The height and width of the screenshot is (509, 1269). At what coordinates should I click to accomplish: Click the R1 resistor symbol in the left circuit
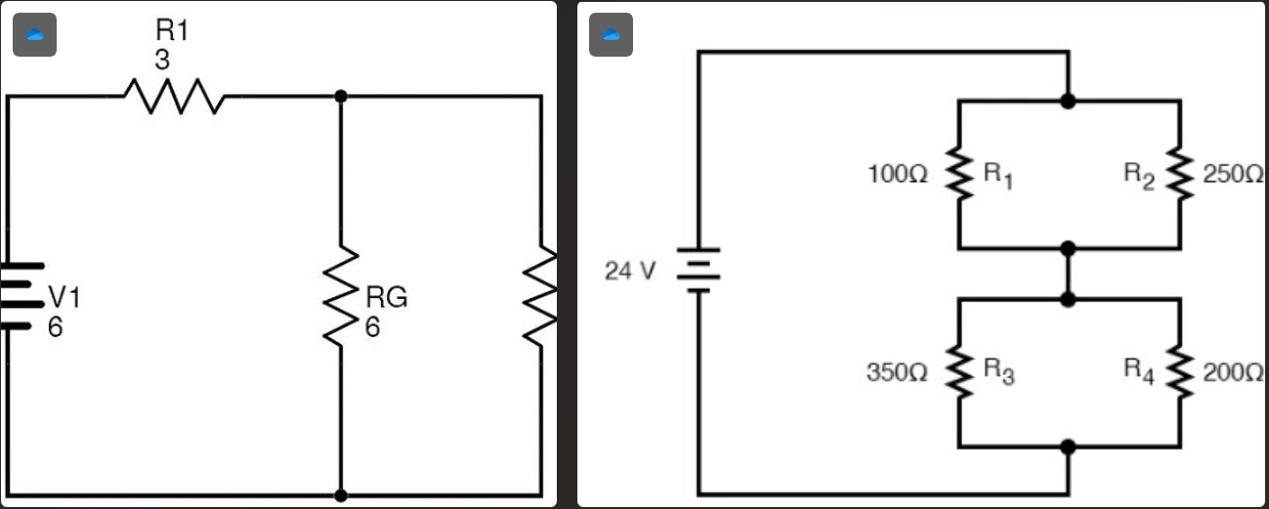pos(174,97)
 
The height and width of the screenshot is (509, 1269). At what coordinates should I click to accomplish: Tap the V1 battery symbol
pos(23,296)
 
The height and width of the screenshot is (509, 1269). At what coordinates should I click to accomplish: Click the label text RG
pos(386,298)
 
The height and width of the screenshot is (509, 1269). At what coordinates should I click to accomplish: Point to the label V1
pos(65,298)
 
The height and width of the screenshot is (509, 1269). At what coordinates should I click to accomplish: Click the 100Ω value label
pos(897,175)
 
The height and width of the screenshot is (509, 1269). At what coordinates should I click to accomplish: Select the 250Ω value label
pos(1234,175)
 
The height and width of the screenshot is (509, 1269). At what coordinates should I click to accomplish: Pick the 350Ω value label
pos(897,372)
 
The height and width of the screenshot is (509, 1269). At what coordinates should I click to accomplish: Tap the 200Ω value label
pos(1234,372)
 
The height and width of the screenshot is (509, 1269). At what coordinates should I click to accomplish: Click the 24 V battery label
pos(630,271)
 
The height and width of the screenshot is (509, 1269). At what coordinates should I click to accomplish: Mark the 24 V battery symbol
pos(698,270)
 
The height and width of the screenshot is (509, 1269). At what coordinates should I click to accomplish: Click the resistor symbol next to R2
pos(1180,175)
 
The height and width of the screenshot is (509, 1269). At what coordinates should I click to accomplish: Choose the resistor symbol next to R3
pos(959,372)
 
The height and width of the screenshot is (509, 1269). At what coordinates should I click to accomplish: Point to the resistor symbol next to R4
pos(1180,372)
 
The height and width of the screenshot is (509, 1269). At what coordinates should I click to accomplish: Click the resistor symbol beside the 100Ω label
pos(959,175)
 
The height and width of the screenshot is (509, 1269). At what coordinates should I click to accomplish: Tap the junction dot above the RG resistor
pos(341,96)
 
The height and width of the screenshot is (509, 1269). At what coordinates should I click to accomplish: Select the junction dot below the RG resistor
pos(341,496)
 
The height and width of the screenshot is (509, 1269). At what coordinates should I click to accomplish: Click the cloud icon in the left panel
pos(34,35)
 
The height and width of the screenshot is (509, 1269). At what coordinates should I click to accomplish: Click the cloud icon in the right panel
pos(612,35)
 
